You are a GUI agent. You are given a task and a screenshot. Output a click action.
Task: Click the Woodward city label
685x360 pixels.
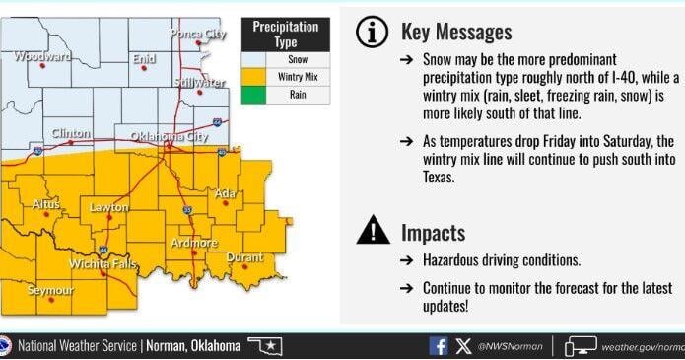[x=42, y=57]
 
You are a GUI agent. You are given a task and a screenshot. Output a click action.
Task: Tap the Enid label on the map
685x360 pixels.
[x=144, y=59]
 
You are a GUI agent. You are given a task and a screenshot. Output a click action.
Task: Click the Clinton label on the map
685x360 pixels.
[x=70, y=133]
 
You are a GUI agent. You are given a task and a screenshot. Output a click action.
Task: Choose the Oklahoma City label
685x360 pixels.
[x=159, y=137]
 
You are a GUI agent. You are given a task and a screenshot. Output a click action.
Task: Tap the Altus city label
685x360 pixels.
[x=46, y=204]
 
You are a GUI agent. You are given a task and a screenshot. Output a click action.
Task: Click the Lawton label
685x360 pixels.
[x=108, y=207]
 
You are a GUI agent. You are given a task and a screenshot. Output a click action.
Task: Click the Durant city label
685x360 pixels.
[x=244, y=258]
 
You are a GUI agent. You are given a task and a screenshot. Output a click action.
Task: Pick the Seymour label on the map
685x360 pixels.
[x=49, y=291]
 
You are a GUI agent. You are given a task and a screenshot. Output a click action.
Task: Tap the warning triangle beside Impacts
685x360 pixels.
[x=372, y=232]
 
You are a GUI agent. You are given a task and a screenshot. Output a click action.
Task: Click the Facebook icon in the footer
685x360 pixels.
[x=439, y=347]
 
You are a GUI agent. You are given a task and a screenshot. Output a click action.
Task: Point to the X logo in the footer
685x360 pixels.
[x=463, y=347]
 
